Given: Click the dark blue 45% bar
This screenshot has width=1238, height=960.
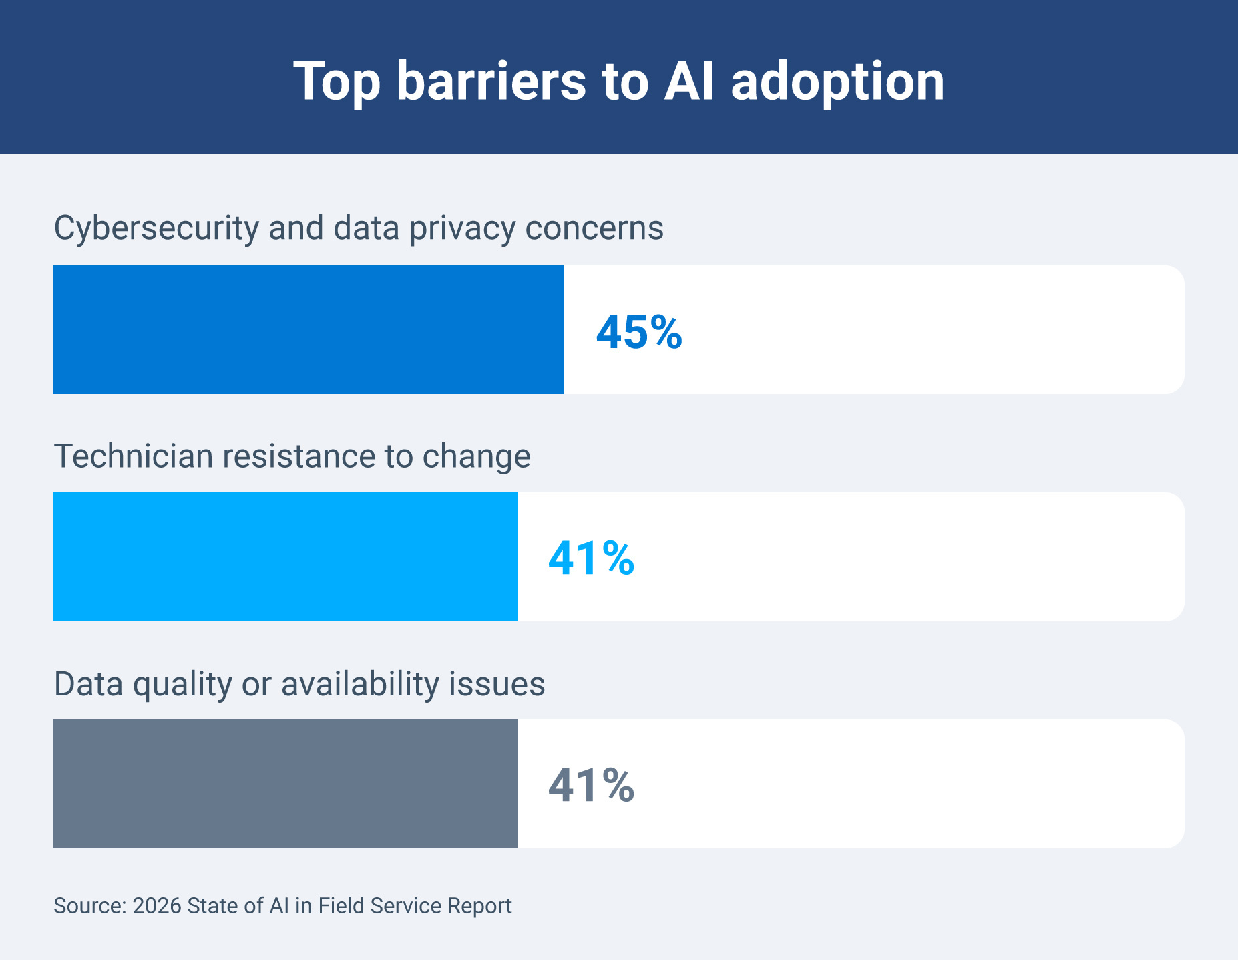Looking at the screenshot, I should click(x=308, y=329).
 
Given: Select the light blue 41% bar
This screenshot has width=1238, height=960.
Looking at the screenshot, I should click(x=285, y=556).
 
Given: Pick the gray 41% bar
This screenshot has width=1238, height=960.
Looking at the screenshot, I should click(x=285, y=784).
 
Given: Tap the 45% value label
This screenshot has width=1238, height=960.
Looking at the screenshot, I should click(x=638, y=332).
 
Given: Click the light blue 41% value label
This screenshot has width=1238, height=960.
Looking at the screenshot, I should click(x=590, y=558).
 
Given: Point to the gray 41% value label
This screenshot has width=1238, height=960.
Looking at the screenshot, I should click(x=590, y=786).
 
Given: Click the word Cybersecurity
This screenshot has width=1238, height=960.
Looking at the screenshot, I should click(x=156, y=229).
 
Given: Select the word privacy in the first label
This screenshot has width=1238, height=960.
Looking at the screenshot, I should click(x=462, y=229).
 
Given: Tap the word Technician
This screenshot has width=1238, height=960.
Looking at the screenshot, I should click(x=133, y=456).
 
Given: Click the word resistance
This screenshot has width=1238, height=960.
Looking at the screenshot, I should click(x=298, y=456).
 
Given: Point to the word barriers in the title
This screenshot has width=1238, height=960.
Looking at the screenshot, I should click(x=491, y=81).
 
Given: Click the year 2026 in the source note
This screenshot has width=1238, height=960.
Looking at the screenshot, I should click(x=157, y=906).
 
